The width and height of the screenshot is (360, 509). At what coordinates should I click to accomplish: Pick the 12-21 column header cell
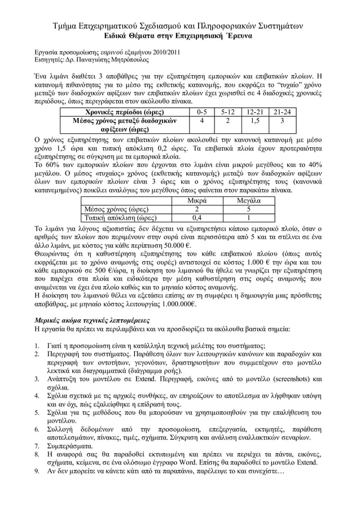[x=253, y=112]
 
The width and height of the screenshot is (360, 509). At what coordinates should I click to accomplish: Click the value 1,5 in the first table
[x=253, y=121]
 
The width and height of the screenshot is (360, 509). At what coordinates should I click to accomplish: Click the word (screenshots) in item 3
[x=287, y=380]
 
